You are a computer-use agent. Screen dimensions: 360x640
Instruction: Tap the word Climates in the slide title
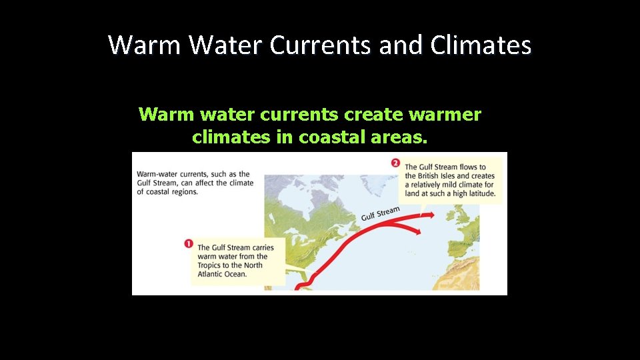click(481, 45)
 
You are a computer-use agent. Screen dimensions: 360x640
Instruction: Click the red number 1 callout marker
click(189, 244)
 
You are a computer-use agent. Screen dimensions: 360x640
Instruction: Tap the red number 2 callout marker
click(395, 163)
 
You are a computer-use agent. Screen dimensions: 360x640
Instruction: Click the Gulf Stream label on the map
click(381, 213)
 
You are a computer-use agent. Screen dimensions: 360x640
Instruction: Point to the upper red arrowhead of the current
click(431, 215)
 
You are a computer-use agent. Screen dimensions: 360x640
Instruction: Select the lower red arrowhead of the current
click(418, 231)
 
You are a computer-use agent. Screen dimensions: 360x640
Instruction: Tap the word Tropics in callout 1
click(213, 265)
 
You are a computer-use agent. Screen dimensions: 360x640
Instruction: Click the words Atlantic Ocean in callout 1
click(222, 274)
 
